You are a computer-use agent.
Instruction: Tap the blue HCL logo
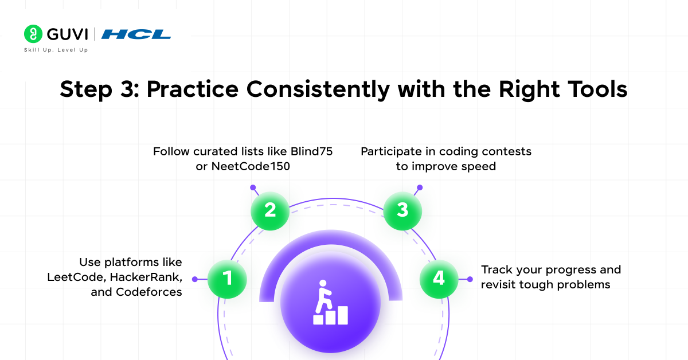(136, 34)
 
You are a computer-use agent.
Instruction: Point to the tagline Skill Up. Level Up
(56, 50)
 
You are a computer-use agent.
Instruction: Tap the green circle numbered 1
(227, 279)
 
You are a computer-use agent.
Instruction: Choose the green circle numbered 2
(270, 210)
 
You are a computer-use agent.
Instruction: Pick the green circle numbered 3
(402, 210)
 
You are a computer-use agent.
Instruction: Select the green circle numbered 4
(439, 279)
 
